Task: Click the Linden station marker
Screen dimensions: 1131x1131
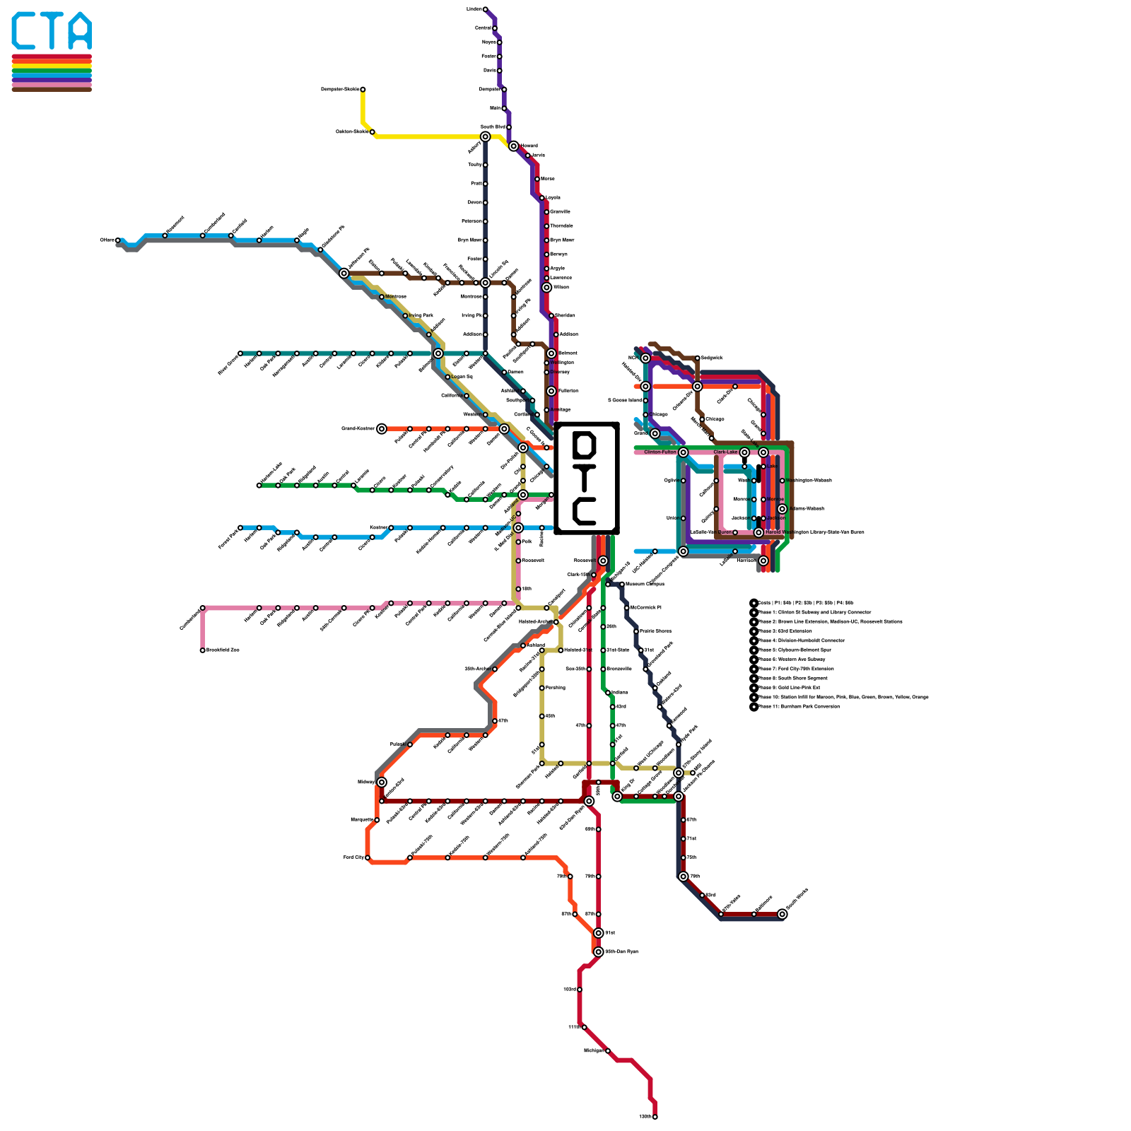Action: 485,9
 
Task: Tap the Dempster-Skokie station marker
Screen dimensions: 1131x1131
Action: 363,90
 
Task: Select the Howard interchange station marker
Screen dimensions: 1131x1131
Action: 513,146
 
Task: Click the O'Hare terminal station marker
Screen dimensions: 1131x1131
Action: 118,240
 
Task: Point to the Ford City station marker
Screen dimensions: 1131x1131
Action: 368,858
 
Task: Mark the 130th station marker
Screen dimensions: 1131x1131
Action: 655,1117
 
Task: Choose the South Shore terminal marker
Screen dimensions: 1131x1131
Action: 782,914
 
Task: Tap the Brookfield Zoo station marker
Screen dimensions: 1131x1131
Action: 203,650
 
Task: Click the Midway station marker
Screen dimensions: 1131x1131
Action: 382,782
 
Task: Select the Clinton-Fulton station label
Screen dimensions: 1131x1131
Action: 660,452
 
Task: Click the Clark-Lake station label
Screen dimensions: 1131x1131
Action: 725,452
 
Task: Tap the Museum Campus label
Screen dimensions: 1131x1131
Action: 645,585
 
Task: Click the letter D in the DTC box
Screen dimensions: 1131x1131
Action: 586,445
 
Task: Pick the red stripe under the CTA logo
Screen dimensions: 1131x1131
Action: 52,57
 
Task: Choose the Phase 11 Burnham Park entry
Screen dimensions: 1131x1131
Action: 799,707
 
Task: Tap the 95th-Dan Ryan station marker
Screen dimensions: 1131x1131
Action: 599,951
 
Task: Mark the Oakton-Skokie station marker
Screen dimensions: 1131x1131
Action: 373,132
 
